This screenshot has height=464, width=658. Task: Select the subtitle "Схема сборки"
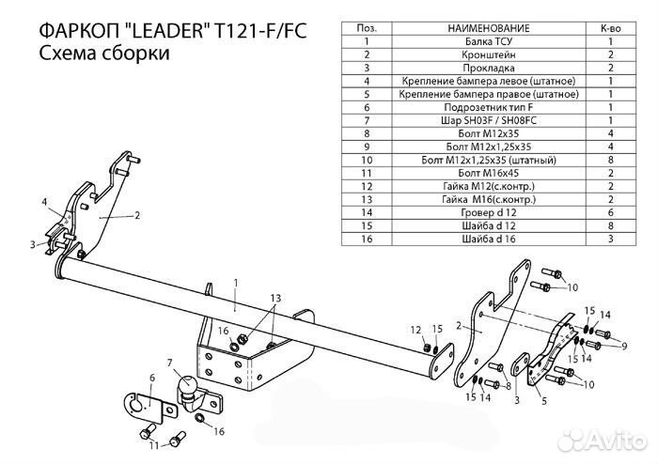click(105, 55)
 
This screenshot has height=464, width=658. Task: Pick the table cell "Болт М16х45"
click(485, 174)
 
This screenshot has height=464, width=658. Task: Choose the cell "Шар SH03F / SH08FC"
click(485, 121)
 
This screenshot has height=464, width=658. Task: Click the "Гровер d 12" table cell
click(485, 213)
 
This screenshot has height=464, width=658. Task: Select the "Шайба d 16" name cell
click(485, 240)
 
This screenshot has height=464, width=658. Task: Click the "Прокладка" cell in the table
click(485, 69)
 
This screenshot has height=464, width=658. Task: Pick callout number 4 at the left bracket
click(43, 201)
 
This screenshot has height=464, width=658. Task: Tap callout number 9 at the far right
click(622, 347)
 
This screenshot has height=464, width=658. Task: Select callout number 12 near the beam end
click(415, 328)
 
